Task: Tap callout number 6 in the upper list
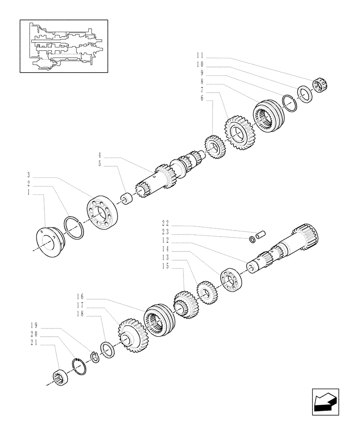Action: pyautogui.click(x=201, y=99)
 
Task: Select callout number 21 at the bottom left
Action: pyautogui.click(x=33, y=343)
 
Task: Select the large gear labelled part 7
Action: pyautogui.click(x=239, y=130)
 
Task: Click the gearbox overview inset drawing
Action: pyautogui.click(x=63, y=46)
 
